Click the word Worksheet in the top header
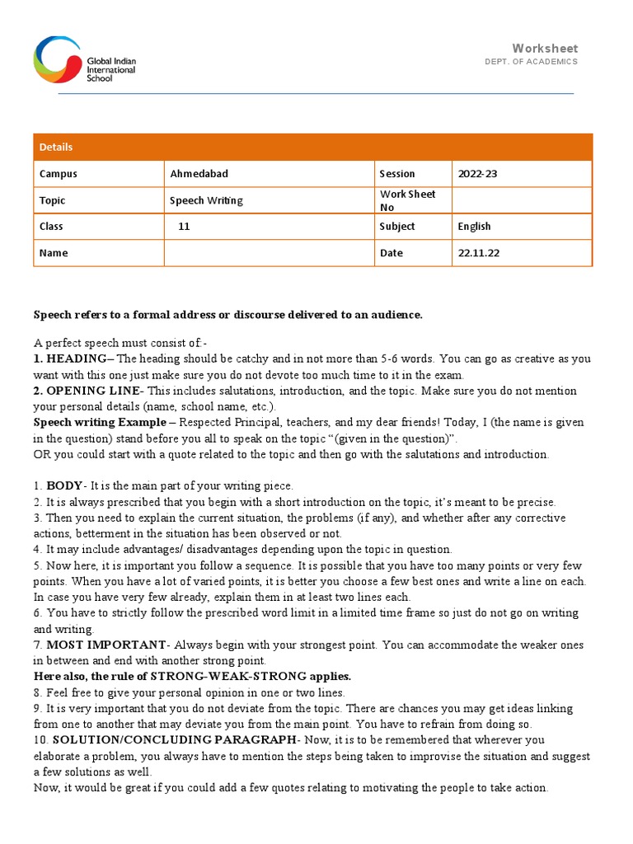545,49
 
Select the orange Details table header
312,147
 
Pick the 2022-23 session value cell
477,174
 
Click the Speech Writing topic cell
206,200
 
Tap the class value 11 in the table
184,227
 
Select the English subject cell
474,227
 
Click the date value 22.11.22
478,253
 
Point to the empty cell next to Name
268,253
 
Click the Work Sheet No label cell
407,200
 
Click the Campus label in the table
58,174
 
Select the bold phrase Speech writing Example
98,422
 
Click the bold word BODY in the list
64,486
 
